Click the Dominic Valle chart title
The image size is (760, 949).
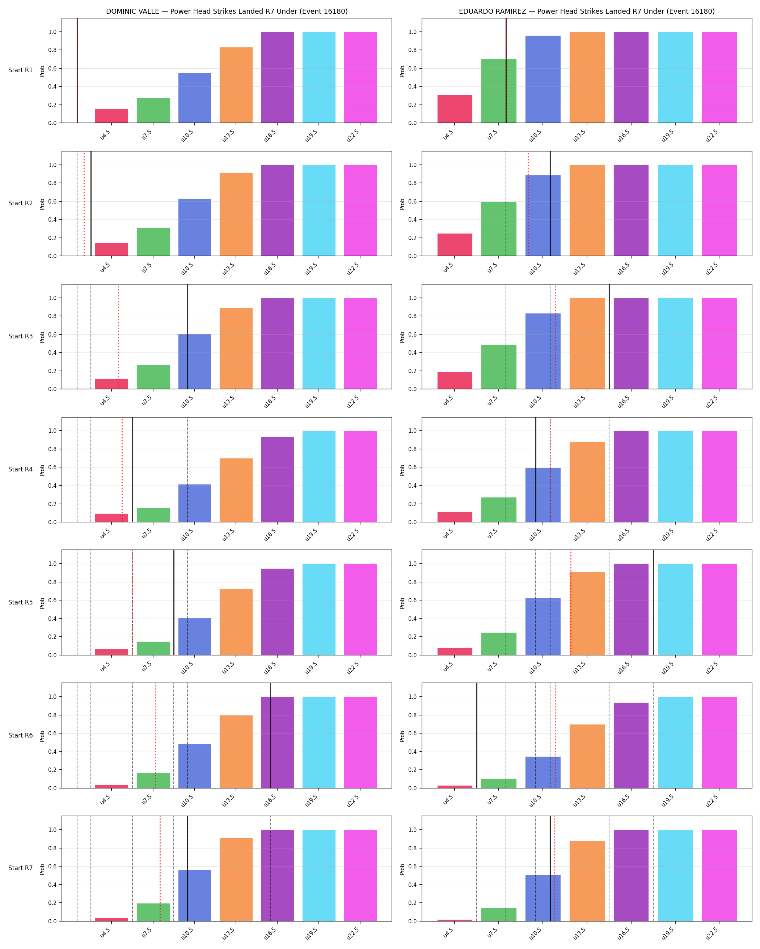(x=227, y=12)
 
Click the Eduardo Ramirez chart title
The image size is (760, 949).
(x=586, y=12)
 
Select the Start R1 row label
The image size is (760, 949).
(x=20, y=70)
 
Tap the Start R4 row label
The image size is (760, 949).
(x=20, y=469)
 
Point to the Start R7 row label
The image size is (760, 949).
(x=20, y=868)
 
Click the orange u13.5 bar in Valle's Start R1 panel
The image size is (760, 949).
(x=236, y=85)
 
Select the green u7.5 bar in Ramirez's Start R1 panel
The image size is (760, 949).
(x=499, y=91)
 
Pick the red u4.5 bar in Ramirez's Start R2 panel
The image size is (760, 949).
(x=455, y=245)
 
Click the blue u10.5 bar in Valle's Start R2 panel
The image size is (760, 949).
(x=195, y=227)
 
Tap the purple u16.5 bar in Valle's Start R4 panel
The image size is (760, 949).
(x=278, y=479)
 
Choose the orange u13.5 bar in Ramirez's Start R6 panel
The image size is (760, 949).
(x=587, y=756)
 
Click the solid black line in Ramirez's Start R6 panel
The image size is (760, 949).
(x=477, y=735)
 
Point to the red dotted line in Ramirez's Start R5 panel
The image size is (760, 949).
(x=571, y=603)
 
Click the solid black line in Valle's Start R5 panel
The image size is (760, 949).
(x=174, y=603)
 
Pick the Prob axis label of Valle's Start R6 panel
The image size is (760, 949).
(x=42, y=736)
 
